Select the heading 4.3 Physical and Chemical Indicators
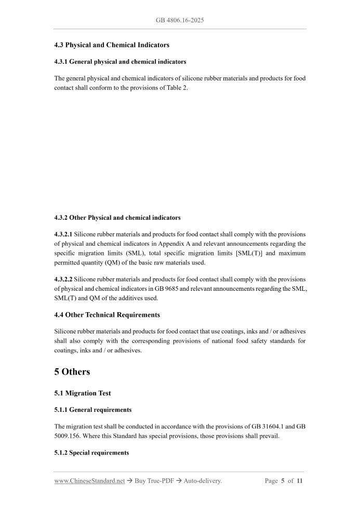(x=112, y=45)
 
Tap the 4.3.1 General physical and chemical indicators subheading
(x=120, y=62)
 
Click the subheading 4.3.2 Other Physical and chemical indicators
(x=117, y=218)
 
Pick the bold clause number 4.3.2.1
(x=63, y=234)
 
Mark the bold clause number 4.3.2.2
(x=63, y=279)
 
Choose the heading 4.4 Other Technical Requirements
(x=107, y=315)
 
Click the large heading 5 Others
(x=72, y=372)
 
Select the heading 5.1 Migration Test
(x=83, y=393)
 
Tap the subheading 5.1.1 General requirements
(x=93, y=410)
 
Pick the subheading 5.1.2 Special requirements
(x=91, y=453)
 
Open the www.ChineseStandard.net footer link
(x=89, y=481)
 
